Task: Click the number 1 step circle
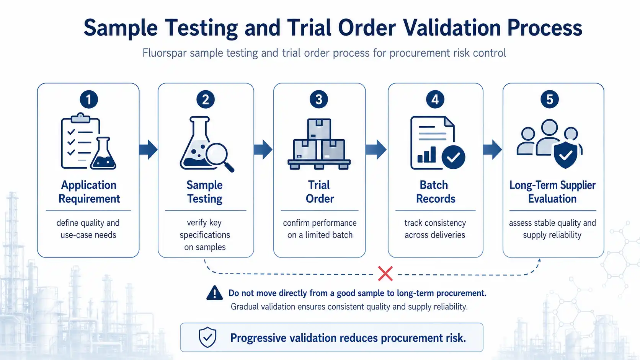coord(88,99)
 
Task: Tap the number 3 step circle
coord(319,99)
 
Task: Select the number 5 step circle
coord(549,99)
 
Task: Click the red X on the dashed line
coord(385,274)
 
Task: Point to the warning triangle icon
coord(215,293)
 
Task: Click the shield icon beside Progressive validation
coord(207,337)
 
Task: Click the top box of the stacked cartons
coord(319,129)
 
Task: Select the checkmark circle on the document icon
coord(453,157)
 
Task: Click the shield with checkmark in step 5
coord(565,155)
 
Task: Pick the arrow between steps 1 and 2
coord(148,149)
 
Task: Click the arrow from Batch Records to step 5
coord(492,149)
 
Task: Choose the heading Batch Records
coord(435,192)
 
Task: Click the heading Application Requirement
coord(89,192)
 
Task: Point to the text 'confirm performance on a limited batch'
coord(320,229)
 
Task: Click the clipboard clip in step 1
coord(80,117)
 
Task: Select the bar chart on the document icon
coord(426,155)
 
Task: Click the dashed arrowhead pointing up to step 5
coord(539,261)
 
